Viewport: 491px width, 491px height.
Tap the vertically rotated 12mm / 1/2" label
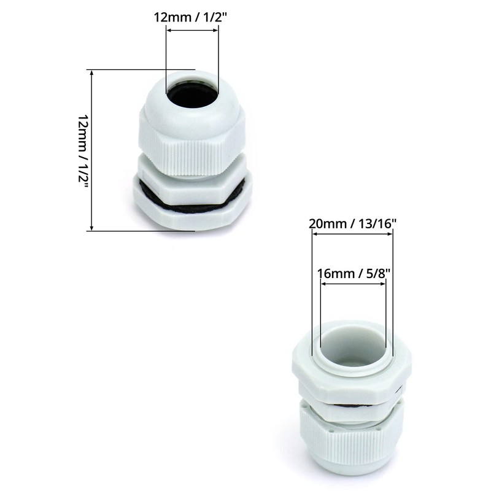82,150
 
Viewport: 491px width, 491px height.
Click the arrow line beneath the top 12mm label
192,29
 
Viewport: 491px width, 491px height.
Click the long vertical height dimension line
92,150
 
